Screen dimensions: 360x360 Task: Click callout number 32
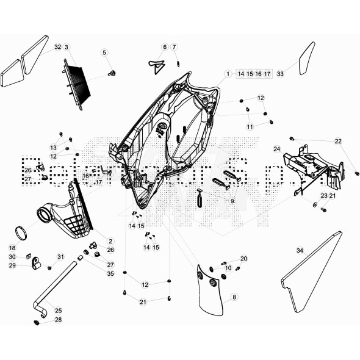tap(57, 47)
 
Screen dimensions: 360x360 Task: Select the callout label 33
tap(280, 73)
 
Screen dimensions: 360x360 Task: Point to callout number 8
tap(234, 297)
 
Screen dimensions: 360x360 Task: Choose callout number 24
tap(276, 149)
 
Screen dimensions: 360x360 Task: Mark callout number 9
tap(232, 201)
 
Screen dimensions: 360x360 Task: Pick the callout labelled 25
tap(59, 310)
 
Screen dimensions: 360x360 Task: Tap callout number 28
tap(59, 320)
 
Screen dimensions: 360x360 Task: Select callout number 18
tap(12, 248)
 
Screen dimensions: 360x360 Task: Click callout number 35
tap(110, 274)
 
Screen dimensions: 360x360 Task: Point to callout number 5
tap(104, 52)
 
